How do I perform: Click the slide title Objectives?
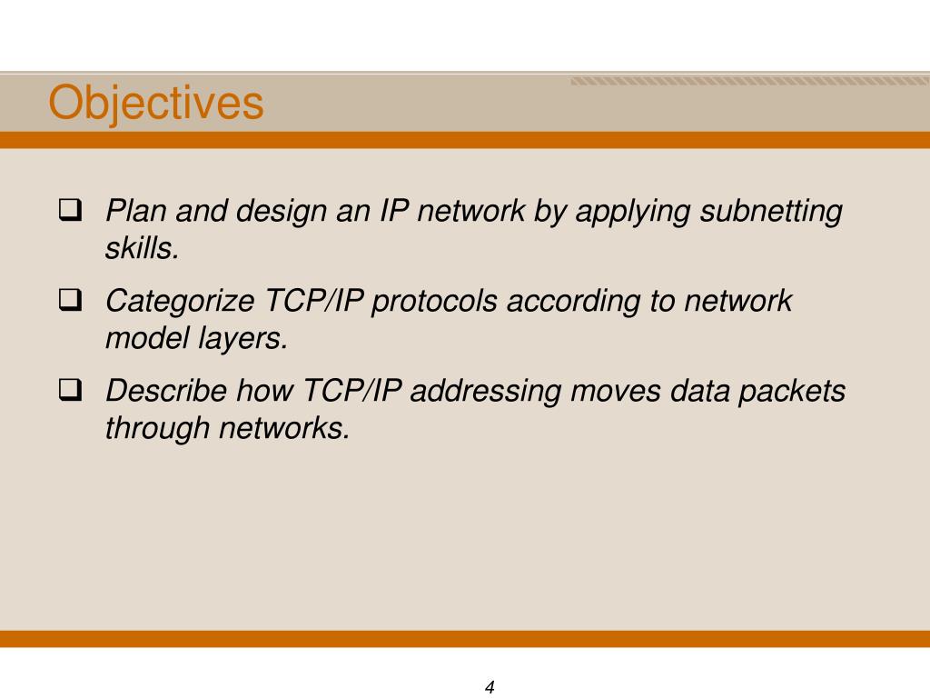155,103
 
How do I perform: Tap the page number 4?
490,687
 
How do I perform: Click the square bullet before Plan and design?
69,212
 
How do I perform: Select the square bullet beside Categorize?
69,301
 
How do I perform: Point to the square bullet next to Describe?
69,391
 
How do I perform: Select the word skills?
142,248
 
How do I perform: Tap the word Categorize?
182,301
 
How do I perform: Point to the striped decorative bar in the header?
749,82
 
